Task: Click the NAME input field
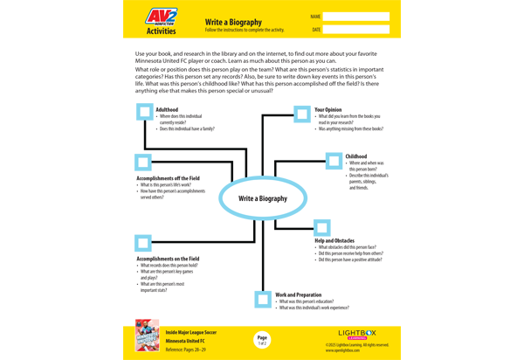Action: coord(355,17)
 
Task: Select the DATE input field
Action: coord(355,30)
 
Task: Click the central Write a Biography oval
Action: coord(262,198)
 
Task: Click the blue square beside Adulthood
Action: coord(145,112)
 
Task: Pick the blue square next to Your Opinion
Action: coord(301,114)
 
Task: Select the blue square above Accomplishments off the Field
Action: coord(143,163)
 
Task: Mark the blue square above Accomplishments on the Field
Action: coord(143,242)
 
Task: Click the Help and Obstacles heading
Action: coord(334,240)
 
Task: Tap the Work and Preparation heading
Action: coord(298,295)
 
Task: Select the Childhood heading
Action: coord(355,156)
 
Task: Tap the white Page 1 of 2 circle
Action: coord(262,339)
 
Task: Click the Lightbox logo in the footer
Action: coord(357,333)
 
